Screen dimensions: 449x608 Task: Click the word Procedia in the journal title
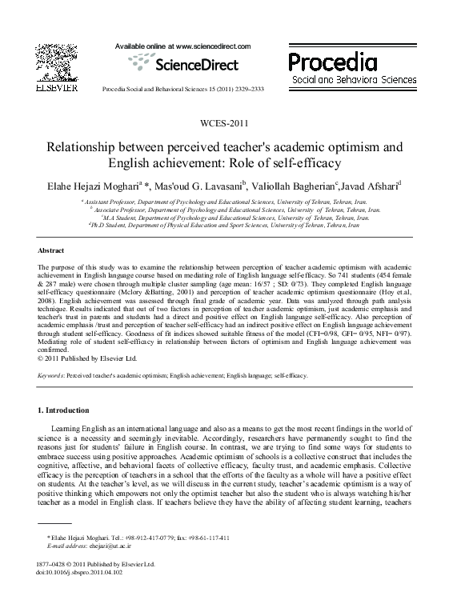pyautogui.click(x=331, y=61)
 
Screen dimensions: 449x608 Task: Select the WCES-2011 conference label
pyautogui.click(x=224, y=123)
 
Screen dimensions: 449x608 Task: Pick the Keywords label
pyautogui.click(x=52, y=374)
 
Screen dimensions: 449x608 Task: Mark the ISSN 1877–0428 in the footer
pyautogui.click(x=55, y=564)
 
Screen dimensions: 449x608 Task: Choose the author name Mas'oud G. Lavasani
pyautogui.click(x=200, y=186)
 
